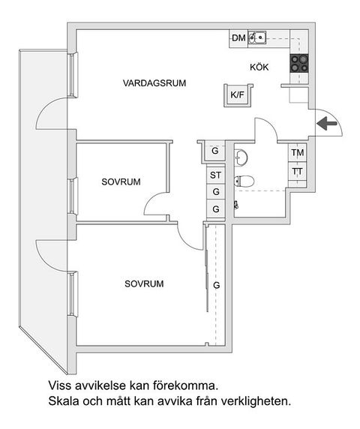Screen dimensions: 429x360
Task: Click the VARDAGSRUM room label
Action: coord(154,82)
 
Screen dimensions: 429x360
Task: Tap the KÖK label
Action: coord(259,67)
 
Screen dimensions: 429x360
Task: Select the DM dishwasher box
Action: coord(238,38)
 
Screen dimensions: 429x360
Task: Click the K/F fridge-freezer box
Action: coord(238,95)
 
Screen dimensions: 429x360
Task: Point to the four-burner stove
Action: coord(300,64)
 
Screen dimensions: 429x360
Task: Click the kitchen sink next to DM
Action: coord(257,37)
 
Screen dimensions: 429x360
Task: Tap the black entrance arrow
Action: coord(326,124)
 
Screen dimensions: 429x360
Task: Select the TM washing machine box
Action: coord(298,154)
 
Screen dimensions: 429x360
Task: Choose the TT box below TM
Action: coord(298,171)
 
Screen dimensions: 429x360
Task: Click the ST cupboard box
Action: coord(216,175)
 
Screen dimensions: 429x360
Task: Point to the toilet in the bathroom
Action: coord(244,180)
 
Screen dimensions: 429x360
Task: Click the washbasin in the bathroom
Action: coord(240,157)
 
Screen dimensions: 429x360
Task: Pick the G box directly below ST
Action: coord(216,192)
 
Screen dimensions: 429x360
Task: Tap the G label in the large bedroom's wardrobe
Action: coord(216,286)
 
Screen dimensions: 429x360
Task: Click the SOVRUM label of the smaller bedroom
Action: coord(121,181)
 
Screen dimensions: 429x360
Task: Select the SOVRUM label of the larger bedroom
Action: coord(144,284)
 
